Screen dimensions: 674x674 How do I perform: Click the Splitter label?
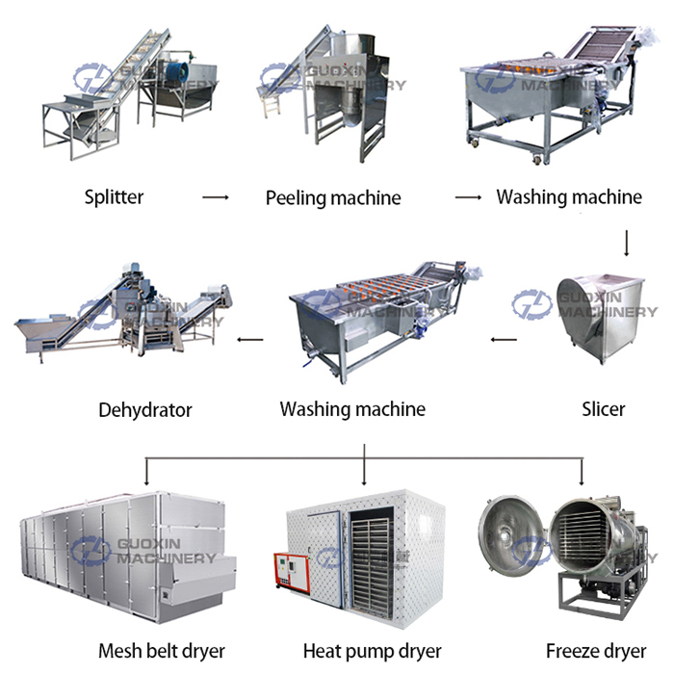114,197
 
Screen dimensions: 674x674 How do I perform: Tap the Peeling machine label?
332,198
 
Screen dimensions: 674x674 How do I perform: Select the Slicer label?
604,408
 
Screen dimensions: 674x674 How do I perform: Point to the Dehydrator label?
145,410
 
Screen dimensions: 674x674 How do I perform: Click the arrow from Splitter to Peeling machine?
215,197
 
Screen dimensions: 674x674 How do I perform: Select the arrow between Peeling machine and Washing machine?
468,197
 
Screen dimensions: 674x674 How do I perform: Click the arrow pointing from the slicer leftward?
503,339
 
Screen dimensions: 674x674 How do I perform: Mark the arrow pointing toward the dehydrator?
250,339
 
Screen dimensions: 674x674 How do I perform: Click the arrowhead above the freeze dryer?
582,480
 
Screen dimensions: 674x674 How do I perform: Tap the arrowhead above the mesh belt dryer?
145,480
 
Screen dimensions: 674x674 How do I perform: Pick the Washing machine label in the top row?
569,197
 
